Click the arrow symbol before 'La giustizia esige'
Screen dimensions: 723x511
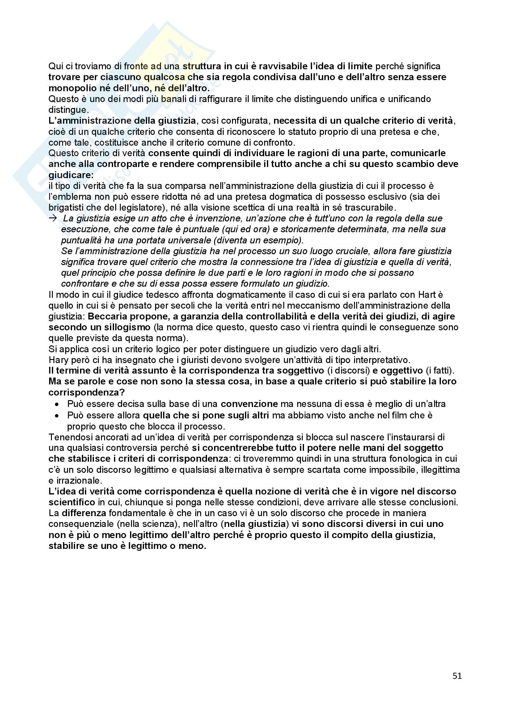point(53,218)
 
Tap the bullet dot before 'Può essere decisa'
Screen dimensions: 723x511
point(57,404)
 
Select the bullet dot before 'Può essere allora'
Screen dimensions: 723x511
point(57,416)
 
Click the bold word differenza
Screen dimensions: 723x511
point(84,513)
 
